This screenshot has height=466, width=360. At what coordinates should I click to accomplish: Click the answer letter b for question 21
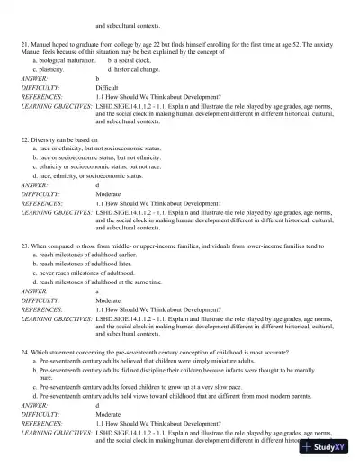(97, 79)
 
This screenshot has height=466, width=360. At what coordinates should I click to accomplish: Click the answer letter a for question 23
(97, 290)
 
